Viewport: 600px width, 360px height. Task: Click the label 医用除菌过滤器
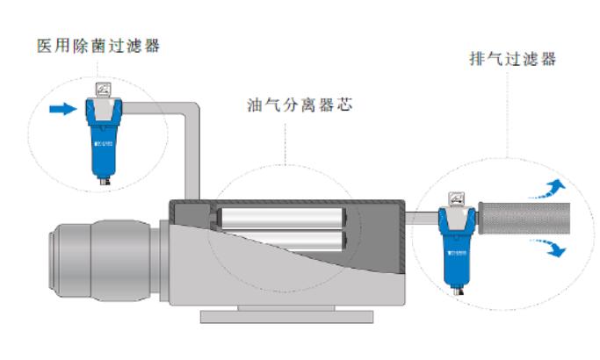[x=98, y=46]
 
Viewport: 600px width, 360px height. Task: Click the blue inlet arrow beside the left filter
[x=62, y=110]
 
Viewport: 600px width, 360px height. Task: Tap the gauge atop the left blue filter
[x=102, y=89]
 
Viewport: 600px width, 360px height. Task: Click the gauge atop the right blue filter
[x=455, y=199]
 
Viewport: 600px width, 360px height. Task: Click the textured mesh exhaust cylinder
[x=522, y=218]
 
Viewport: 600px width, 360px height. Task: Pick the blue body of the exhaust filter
[x=455, y=255]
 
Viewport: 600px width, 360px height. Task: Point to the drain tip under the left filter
[x=102, y=182]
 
